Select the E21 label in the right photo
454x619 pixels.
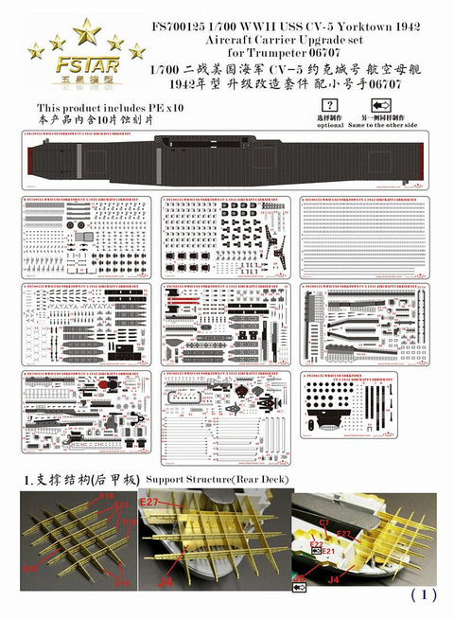click(x=328, y=549)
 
